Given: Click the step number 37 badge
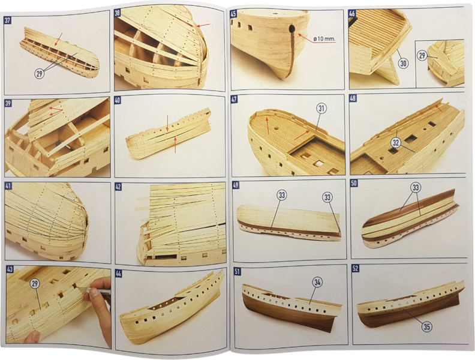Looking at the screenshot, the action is [x=7, y=21].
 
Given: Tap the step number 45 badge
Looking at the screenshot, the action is [x=233, y=14].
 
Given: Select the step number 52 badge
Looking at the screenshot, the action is [x=355, y=268].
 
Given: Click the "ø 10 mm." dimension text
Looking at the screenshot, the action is [x=325, y=39].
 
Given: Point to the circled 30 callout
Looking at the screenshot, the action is [x=403, y=63].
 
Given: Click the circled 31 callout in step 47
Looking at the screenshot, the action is [x=321, y=108].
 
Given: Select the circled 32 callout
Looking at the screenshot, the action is [x=396, y=142].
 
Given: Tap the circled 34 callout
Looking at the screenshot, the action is [x=317, y=283].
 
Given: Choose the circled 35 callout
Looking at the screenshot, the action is [x=426, y=326].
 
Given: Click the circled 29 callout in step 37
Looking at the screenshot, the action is [x=40, y=74].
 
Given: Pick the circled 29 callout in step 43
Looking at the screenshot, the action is [x=35, y=284].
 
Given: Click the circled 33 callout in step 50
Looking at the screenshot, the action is [x=416, y=188].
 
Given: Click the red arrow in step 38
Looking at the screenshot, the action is [x=203, y=25].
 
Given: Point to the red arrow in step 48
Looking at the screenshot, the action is [x=438, y=107].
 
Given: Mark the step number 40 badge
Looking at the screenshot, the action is [x=118, y=100].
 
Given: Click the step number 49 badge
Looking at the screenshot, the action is [x=236, y=185].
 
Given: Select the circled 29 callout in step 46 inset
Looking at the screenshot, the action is [x=422, y=55].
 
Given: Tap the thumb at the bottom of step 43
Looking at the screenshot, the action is [x=32, y=337].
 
